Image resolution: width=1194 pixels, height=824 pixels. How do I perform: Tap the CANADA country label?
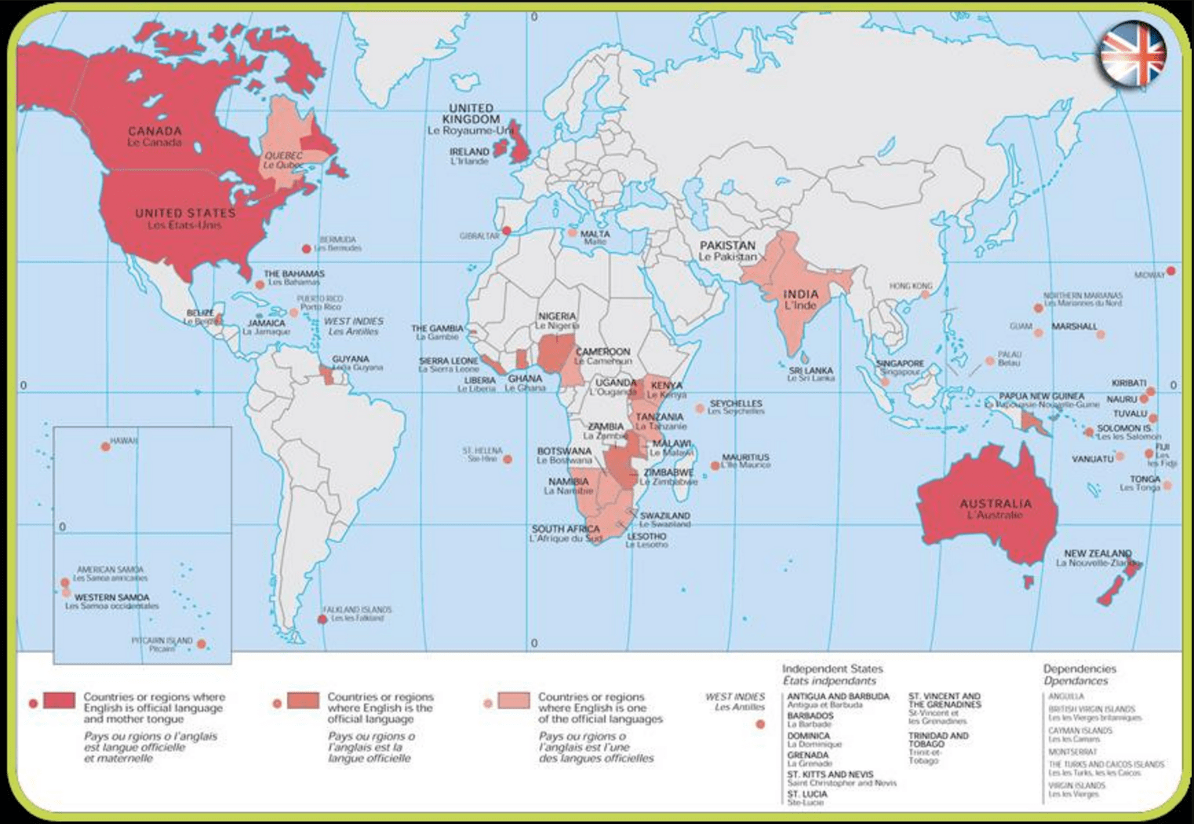coord(155,131)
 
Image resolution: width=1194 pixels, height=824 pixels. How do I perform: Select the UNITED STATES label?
coord(185,213)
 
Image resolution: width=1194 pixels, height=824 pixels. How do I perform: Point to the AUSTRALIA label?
coord(996,503)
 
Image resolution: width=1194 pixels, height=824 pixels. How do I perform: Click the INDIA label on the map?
coord(800,294)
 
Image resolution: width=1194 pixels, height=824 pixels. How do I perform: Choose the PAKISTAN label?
coord(727,246)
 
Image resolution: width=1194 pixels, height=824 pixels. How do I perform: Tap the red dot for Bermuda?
coord(307,249)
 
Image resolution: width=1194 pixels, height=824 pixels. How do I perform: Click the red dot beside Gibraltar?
coord(507,231)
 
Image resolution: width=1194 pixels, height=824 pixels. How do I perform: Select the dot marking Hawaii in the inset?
coord(106,447)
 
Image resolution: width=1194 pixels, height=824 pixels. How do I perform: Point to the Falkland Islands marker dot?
coord(322,619)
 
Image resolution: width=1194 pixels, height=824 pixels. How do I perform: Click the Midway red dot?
coord(1170,271)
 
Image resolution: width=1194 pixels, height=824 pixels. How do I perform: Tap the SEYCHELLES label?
coord(736,403)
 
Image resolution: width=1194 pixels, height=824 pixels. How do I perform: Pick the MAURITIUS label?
coord(745,457)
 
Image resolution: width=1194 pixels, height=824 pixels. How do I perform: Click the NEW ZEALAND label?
coord(1097,553)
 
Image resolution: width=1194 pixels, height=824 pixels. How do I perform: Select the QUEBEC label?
coord(283,155)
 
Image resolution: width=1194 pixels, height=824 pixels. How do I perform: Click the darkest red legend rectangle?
coord(59,700)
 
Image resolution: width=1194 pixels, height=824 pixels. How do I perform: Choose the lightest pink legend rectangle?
coord(514,700)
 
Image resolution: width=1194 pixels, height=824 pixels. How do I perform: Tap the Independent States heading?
coord(832,669)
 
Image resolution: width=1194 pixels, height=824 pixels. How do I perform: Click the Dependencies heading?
coord(1079,669)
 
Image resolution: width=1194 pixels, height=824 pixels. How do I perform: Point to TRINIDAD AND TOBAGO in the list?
coord(938,739)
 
